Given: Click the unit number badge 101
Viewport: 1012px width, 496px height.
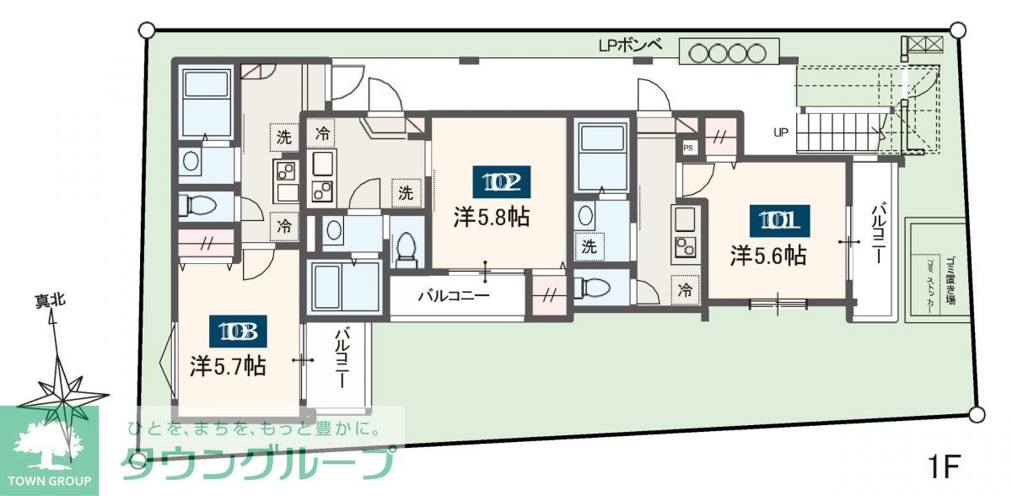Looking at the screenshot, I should [779, 221].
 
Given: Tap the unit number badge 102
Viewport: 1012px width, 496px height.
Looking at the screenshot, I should [501, 181].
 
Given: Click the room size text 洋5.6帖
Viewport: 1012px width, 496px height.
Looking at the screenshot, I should [768, 256].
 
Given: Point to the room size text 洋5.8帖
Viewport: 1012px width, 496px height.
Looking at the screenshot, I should [492, 217].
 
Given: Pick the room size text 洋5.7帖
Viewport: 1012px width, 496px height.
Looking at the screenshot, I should [228, 366].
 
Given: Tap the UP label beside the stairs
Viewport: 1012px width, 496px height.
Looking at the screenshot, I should [781, 132].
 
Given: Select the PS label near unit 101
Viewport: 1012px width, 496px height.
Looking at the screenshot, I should [689, 148].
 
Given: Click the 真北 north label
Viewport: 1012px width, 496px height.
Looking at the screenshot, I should [50, 300].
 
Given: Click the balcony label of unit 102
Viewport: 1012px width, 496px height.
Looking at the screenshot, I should [454, 296].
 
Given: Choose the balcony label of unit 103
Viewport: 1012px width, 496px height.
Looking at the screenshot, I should [343, 358].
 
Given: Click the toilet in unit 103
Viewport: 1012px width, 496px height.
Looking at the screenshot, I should [199, 205].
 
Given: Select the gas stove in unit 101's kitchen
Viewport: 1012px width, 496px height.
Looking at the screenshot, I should [683, 247].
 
